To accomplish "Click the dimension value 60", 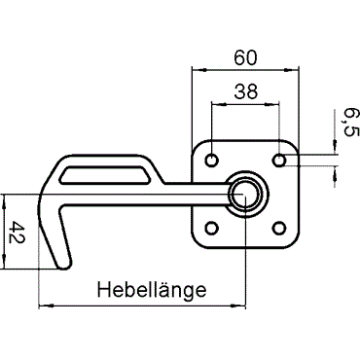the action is tap(245, 57).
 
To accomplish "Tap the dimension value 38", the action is tap(246, 91).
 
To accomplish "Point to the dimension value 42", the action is tap(17, 233).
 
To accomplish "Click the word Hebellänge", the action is tap(152, 290).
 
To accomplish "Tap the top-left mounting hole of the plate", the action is tap(212, 161).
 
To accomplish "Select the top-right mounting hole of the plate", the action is tap(278, 161).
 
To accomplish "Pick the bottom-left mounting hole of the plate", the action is tap(212, 228).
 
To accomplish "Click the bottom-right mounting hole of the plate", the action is tap(278, 228).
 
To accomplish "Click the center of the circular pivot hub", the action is tap(245, 195).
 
